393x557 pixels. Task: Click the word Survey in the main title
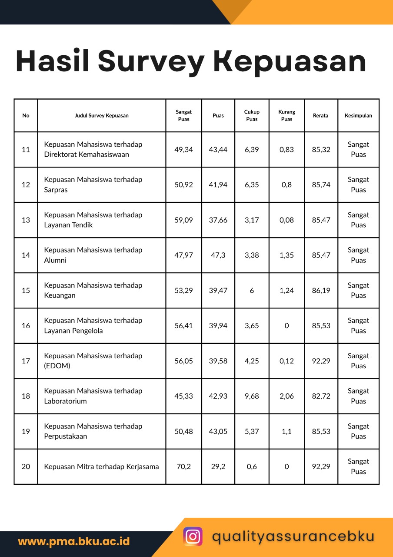coord(151,61)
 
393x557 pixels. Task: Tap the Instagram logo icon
coord(193,536)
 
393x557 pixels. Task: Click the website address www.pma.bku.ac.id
coord(73,542)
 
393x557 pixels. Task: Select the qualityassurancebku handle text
coord(293,536)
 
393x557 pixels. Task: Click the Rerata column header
coord(320,116)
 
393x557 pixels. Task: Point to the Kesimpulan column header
coord(358,116)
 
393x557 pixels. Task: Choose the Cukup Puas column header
coord(252,116)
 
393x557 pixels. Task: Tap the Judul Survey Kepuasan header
coord(101,116)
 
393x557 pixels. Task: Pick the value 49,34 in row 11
coord(183,150)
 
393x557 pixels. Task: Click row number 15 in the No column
coord(26,290)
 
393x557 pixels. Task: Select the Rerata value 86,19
coord(321,290)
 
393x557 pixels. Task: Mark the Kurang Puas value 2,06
coord(286,396)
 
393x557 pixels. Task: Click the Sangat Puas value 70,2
coord(183,466)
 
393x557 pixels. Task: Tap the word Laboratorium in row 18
coord(65,401)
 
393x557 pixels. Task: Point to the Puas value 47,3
coord(218,255)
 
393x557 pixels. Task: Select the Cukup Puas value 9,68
coord(252,396)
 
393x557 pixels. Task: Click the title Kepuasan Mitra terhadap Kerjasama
coord(101,466)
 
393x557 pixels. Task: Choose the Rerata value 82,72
coord(321,396)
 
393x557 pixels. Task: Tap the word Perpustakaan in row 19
coord(66,436)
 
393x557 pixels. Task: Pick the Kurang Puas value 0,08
coord(286,220)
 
